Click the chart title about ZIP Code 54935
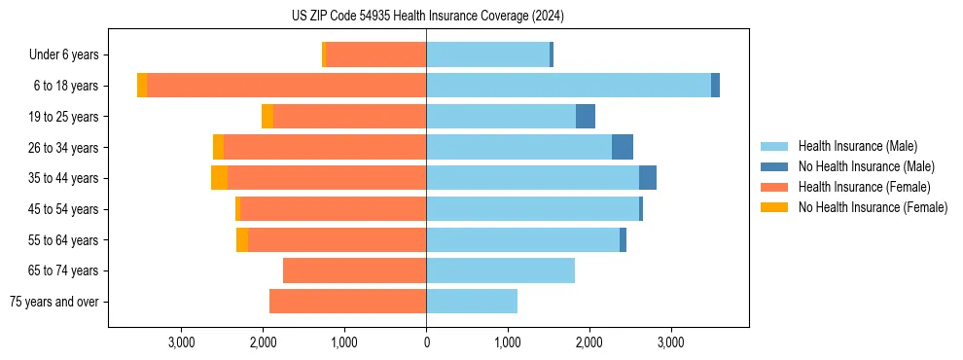[427, 17]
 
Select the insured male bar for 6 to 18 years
[568, 86]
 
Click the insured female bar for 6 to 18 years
[286, 86]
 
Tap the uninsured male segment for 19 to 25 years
[585, 117]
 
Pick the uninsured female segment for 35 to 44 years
[219, 178]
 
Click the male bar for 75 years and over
[472, 302]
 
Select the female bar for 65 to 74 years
[354, 270]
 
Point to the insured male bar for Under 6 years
[487, 54]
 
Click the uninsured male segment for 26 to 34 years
[623, 147]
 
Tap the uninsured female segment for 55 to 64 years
[241, 239]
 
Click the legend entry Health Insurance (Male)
[857, 146]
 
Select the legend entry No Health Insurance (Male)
[866, 166]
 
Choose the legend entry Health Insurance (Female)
[864, 187]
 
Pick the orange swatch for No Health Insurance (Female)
[775, 207]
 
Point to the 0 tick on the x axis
[426, 342]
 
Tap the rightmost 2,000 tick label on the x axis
[588, 342]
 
